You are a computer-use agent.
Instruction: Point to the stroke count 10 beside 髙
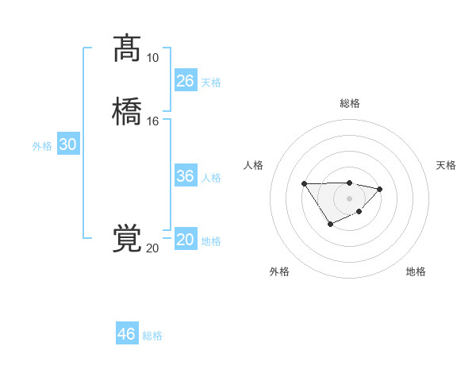(152, 58)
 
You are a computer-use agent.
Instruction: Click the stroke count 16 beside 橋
(152, 121)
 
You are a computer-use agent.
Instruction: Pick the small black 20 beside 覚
(152, 248)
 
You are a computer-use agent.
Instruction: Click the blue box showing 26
(186, 81)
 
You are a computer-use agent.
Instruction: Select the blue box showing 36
(186, 176)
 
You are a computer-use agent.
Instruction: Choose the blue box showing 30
(68, 145)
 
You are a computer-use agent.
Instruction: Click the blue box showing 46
(127, 334)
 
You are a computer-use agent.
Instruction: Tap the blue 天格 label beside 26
(211, 82)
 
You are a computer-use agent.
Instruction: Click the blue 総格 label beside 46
(152, 336)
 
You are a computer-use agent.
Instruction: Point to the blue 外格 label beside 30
(42, 146)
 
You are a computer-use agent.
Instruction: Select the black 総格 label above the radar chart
(350, 103)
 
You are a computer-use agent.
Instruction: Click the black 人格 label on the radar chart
(254, 165)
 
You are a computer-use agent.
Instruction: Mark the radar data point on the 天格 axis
(380, 189)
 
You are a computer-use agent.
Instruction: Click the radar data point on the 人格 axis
(305, 184)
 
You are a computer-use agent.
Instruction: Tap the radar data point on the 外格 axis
(331, 225)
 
